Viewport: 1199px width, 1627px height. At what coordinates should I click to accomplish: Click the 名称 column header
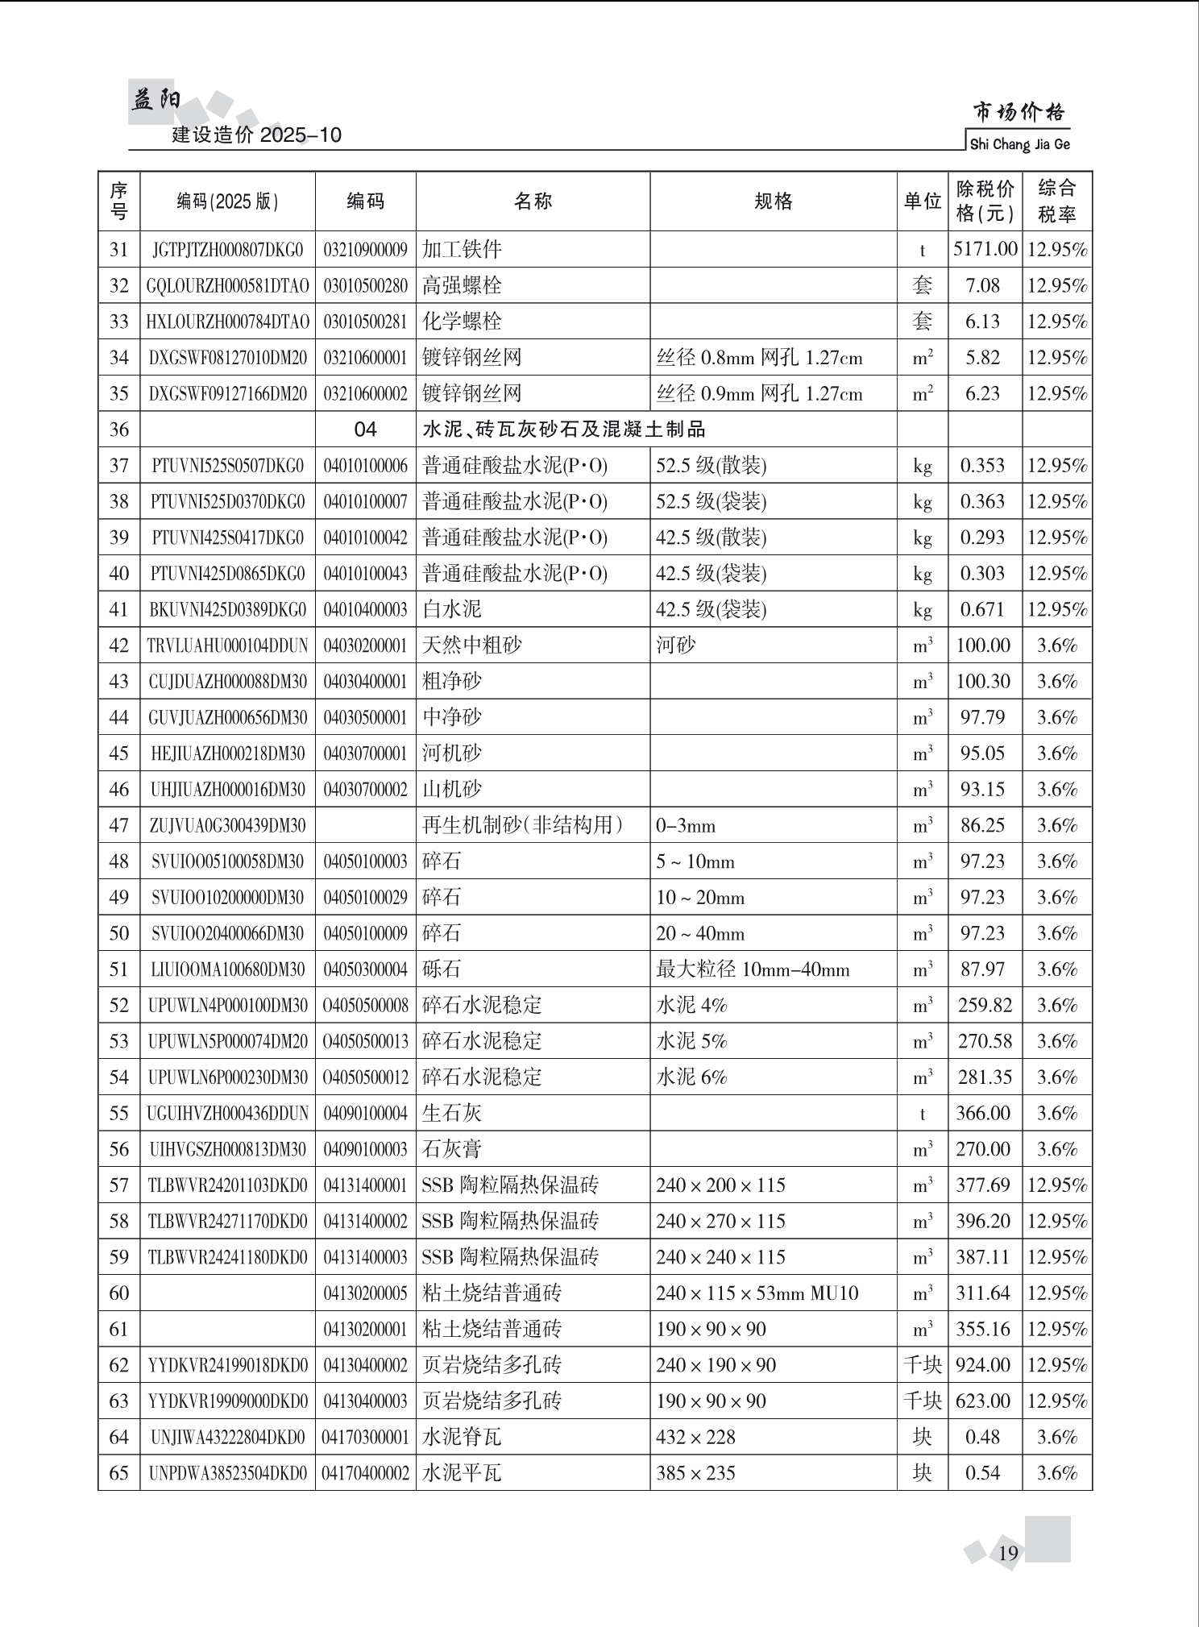533,201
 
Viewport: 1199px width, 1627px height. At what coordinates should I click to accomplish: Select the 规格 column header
773,201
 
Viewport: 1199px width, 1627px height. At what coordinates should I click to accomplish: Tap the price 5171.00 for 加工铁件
985,249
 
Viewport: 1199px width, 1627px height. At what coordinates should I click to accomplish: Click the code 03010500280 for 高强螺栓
365,286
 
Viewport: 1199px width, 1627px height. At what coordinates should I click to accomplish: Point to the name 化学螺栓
462,322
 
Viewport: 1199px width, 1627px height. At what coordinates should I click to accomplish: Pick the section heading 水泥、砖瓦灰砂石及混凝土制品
563,430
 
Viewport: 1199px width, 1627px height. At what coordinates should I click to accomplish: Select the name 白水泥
452,609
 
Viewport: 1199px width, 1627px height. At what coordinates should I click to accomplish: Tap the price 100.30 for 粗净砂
983,682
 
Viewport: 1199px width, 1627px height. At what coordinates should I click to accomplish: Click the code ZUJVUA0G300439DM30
227,826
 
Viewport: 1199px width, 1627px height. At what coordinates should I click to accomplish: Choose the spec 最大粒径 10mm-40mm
753,969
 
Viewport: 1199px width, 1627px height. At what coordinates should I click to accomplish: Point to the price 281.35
983,1077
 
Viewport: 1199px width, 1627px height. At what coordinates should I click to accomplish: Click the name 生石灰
452,1114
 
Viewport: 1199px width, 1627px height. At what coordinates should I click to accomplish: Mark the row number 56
118,1149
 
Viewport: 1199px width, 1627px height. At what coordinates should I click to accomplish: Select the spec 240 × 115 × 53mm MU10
757,1293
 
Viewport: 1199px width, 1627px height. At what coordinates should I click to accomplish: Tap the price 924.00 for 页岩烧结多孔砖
983,1365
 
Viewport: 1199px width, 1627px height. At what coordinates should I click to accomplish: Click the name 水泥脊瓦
462,1437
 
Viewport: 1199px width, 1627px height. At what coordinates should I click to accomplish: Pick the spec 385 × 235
695,1473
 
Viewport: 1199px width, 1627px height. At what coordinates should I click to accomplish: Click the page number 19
1008,1553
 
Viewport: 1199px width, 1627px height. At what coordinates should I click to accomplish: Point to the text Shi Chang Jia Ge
1019,145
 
